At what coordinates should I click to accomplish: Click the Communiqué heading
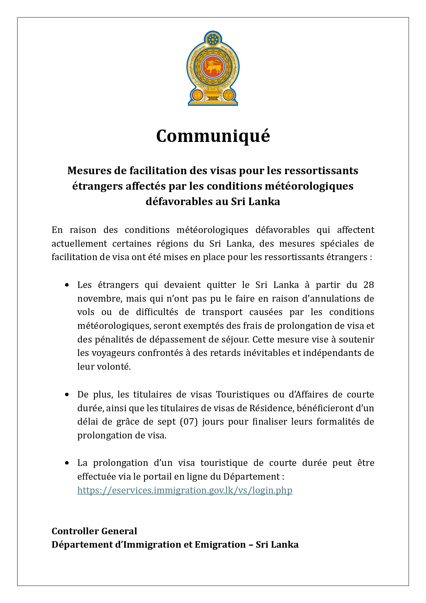click(x=213, y=136)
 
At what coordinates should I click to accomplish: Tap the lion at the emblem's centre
click(x=213, y=66)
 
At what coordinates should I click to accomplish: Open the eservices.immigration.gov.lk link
click(x=185, y=490)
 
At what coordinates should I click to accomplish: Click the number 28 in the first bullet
click(x=368, y=285)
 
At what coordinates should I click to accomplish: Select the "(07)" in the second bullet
click(x=189, y=422)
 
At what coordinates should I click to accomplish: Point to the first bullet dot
click(x=67, y=285)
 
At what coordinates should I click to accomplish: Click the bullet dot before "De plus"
click(x=67, y=395)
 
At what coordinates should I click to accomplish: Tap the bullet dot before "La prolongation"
click(x=67, y=463)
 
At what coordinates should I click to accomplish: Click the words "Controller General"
click(x=94, y=531)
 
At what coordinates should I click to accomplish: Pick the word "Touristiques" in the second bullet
click(x=243, y=394)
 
